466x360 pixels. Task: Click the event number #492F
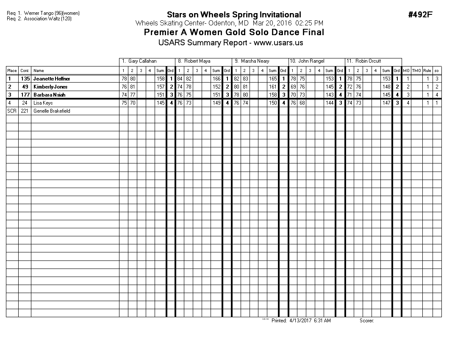tap(420, 15)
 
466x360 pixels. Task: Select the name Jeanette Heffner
tap(52, 79)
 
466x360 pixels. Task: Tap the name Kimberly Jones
tap(50, 87)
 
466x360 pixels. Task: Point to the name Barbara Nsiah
tap(50, 95)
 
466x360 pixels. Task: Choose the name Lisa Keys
tap(43, 103)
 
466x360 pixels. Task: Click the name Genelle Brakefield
tap(52, 111)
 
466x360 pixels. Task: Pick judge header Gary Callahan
tap(142, 61)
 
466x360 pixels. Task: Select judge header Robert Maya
tap(197, 61)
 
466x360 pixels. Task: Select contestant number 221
tap(25, 111)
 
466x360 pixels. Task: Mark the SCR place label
tap(11, 111)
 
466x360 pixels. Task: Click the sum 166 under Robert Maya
tap(216, 79)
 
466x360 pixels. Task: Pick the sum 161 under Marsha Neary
tap(273, 87)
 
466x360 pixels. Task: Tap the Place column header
tap(12, 71)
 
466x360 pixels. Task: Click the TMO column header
tap(417, 71)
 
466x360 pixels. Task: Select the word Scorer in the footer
tap(366, 321)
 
